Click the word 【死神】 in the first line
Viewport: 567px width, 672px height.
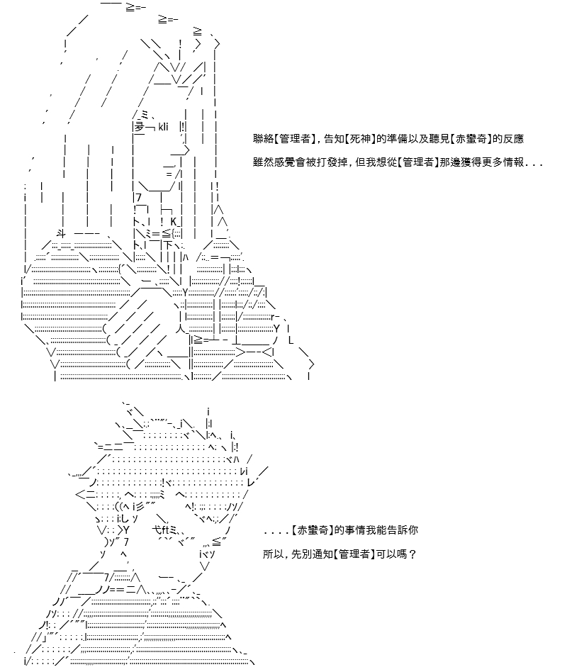360,139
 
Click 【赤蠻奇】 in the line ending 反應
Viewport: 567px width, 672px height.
471,139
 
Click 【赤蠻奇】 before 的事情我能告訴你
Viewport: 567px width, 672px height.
313,530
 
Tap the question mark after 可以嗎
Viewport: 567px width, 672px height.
412,554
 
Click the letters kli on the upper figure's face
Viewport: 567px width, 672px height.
163,127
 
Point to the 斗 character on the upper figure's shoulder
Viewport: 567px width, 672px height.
61,234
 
